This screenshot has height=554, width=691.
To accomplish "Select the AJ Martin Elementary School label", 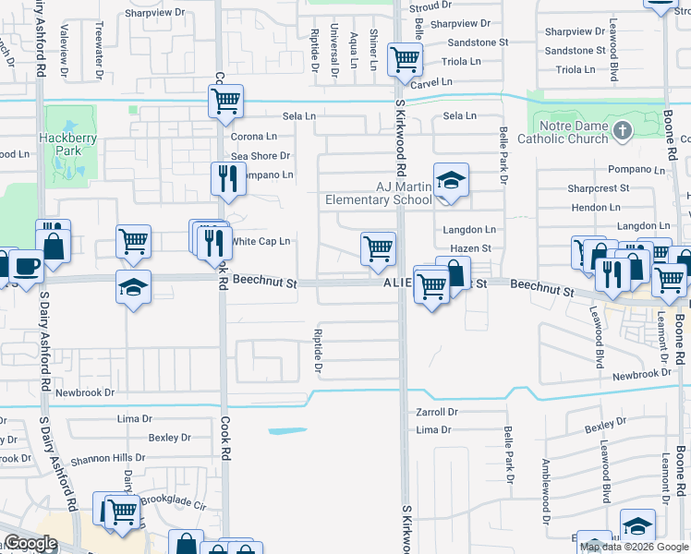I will [x=378, y=193].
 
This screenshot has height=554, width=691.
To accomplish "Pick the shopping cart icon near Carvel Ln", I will [x=405, y=60].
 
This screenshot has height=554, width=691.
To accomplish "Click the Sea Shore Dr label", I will [x=261, y=156].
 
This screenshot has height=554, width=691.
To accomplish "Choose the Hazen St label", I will [x=470, y=248].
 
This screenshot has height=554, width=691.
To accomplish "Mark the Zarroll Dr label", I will [x=437, y=413].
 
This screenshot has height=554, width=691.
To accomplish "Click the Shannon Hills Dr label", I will [x=106, y=457].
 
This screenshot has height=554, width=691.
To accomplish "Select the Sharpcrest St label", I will [x=599, y=187].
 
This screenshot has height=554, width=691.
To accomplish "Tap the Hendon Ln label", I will [x=596, y=208].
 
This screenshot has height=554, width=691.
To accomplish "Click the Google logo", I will [x=30, y=544].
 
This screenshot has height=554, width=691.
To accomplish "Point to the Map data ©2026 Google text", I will [x=634, y=547].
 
